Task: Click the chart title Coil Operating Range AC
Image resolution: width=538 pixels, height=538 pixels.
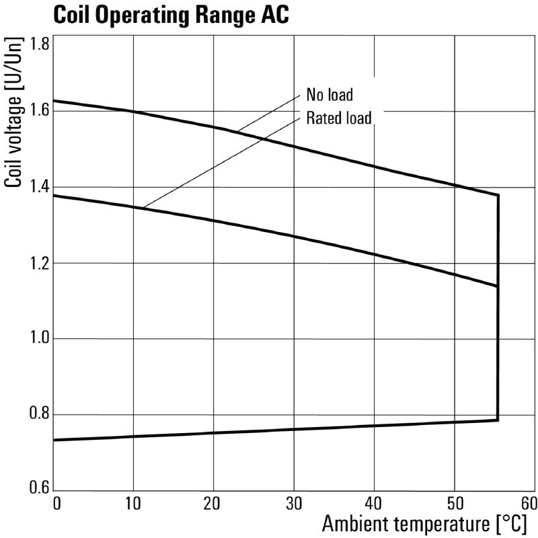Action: [x=171, y=15]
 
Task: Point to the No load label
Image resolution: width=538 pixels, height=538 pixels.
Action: [x=330, y=94]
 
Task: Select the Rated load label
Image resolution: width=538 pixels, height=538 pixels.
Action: [x=339, y=118]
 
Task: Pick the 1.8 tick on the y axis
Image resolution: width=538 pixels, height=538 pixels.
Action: [x=40, y=45]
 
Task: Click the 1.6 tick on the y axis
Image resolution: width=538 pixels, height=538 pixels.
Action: [x=40, y=110]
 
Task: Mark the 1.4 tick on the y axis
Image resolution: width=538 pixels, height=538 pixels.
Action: [x=40, y=187]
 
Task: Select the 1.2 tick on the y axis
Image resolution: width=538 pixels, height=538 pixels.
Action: [x=40, y=263]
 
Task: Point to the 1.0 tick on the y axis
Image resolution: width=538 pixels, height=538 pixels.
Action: [x=40, y=338]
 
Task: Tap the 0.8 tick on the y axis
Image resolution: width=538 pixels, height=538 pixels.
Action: [x=40, y=414]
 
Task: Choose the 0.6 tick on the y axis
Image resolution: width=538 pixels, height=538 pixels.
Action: [x=40, y=489]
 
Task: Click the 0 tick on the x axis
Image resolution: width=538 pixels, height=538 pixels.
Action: [x=56, y=503]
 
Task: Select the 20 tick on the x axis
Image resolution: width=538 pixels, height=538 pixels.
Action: [x=213, y=503]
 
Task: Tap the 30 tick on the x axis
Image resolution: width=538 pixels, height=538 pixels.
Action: [x=294, y=503]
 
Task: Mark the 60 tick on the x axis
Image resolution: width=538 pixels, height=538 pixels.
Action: [x=529, y=503]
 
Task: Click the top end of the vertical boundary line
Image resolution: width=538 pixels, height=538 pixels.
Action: [x=498, y=194]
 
